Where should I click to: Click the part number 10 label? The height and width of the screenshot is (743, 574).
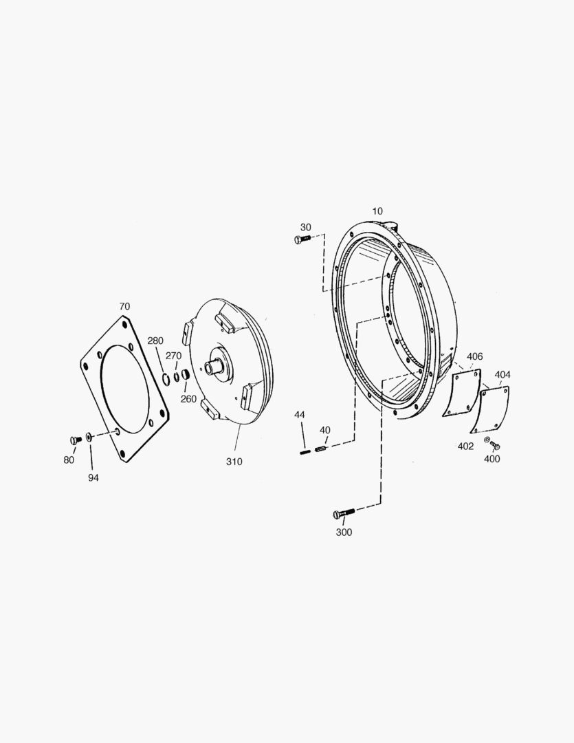click(x=377, y=211)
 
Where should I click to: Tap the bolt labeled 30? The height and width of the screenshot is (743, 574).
click(x=302, y=239)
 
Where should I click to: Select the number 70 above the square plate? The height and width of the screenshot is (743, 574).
click(x=124, y=307)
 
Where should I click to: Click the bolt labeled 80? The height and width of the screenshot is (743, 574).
click(x=76, y=440)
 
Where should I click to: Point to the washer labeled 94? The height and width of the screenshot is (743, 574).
click(x=89, y=436)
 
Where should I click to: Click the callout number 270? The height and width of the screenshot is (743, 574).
click(x=173, y=356)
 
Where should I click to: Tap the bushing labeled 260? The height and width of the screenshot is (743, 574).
click(x=185, y=376)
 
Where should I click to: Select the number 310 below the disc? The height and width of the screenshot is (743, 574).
click(x=234, y=462)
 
